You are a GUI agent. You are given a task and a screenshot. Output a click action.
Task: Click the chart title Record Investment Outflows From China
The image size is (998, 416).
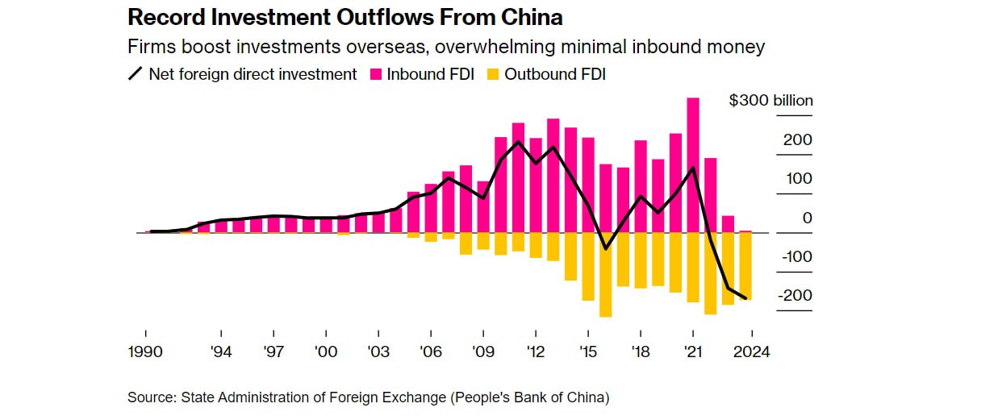coord(345,17)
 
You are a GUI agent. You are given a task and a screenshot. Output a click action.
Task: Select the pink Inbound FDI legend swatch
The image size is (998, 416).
coord(375,74)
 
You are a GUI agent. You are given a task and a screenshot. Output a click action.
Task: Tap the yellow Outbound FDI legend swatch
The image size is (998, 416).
coord(492,74)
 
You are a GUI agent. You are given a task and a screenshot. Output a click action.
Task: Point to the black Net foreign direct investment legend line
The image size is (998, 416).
coord(136,74)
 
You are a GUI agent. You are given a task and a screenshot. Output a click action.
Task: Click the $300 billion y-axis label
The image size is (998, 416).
coord(770,101)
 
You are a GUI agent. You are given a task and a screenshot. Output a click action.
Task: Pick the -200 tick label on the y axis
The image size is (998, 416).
coord(795,296)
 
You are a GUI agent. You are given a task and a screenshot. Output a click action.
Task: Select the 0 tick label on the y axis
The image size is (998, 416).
coord(807,218)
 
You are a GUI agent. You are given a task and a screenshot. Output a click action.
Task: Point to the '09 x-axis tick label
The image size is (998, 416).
coord(483,352)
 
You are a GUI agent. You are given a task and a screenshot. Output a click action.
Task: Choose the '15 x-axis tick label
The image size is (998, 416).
coord(588,352)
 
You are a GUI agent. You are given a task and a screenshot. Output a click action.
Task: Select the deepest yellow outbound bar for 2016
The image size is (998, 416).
coord(606,274)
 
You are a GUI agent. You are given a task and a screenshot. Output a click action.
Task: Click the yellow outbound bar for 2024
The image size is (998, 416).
coord(745,266)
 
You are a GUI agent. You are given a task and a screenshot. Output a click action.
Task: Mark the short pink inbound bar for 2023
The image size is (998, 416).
coord(728,224)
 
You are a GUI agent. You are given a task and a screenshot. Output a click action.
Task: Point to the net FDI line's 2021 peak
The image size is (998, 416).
coord(693,168)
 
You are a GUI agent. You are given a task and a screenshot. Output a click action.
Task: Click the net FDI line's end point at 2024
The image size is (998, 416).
coord(745,299)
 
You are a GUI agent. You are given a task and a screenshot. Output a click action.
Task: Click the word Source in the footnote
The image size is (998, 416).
coord(151,397)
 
